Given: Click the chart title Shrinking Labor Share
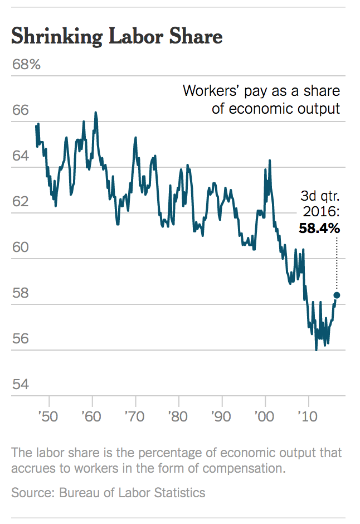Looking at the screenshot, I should point(117,37).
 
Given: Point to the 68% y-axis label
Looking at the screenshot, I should point(26,65).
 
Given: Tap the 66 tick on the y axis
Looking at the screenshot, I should point(20,110).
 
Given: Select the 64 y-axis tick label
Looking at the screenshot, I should point(20,156).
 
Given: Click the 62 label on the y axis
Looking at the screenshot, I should point(20,202).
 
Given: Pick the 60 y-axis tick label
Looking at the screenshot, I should point(20,248).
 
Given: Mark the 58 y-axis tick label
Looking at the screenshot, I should point(20,293).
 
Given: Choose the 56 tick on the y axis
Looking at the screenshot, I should point(20,339).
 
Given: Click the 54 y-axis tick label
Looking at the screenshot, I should point(20,385).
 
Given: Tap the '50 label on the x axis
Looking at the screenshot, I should point(48,417).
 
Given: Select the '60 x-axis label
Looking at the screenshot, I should point(92,417).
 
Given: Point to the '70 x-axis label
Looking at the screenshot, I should point(135,417).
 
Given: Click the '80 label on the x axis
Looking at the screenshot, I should point(178,417).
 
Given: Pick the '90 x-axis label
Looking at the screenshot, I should point(222,417).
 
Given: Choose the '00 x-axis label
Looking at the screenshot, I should point(265,417).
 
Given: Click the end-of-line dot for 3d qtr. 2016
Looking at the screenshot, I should point(337,295).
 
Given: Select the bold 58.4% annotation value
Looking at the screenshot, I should point(319,228).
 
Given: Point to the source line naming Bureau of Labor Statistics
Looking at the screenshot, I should point(108,493).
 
